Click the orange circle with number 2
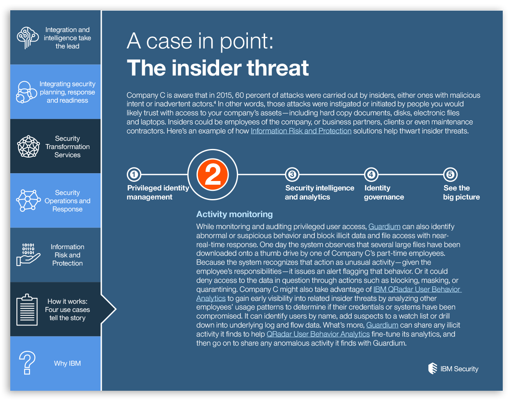213,175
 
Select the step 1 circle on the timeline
134,175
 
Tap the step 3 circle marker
292,175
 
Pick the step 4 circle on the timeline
371,175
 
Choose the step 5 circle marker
450,175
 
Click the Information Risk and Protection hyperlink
301,131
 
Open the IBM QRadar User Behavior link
417,289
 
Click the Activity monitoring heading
234,214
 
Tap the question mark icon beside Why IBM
27,363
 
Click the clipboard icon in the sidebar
27,309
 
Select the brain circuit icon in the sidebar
27,38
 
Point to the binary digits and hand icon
28,254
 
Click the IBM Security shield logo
433,369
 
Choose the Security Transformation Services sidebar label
67,147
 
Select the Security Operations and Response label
67,201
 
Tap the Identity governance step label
384,192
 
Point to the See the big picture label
461,192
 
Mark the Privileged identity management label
158,192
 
